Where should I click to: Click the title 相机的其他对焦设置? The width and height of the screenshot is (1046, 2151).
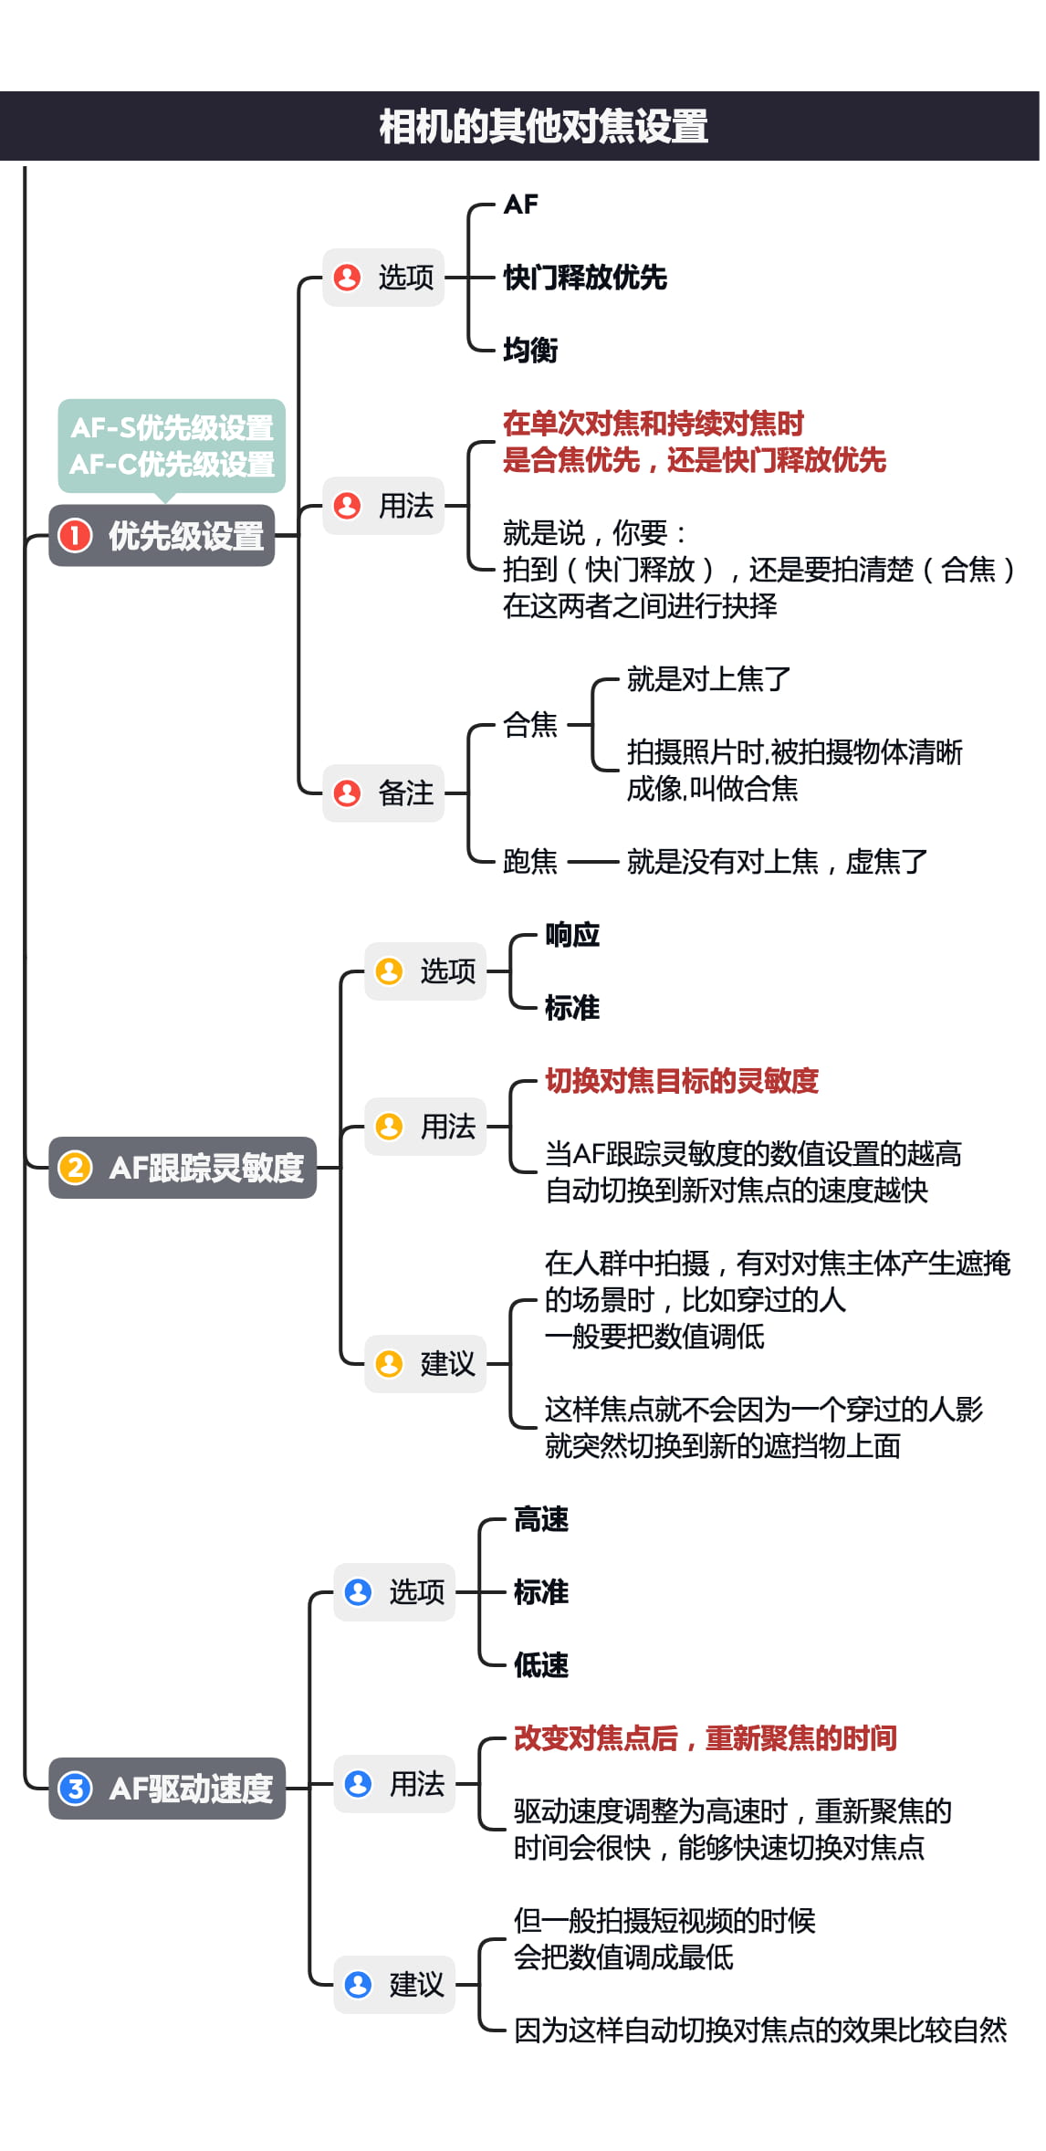543,127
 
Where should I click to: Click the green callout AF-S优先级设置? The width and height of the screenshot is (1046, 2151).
172,428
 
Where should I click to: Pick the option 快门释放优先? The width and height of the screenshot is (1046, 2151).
585,278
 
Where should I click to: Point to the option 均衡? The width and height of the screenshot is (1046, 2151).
530,350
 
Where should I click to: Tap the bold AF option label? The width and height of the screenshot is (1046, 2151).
520,205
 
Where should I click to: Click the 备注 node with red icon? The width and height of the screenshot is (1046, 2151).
383,793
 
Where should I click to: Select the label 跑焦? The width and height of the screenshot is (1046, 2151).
530,861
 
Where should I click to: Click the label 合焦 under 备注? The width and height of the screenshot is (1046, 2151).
530,725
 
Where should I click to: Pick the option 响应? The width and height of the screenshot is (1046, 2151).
572,935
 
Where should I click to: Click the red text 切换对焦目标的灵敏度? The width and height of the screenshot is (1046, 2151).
682,1081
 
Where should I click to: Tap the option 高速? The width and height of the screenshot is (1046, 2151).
541,1519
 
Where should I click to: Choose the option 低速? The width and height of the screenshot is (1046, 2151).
541,1665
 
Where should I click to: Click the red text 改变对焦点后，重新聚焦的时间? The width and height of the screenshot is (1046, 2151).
705,1738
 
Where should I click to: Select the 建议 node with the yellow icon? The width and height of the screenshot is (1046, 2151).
425,1364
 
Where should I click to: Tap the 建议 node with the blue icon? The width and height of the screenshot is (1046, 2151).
394,1985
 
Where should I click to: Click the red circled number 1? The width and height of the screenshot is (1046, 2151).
75,536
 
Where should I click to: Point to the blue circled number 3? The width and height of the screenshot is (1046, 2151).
75,1789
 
